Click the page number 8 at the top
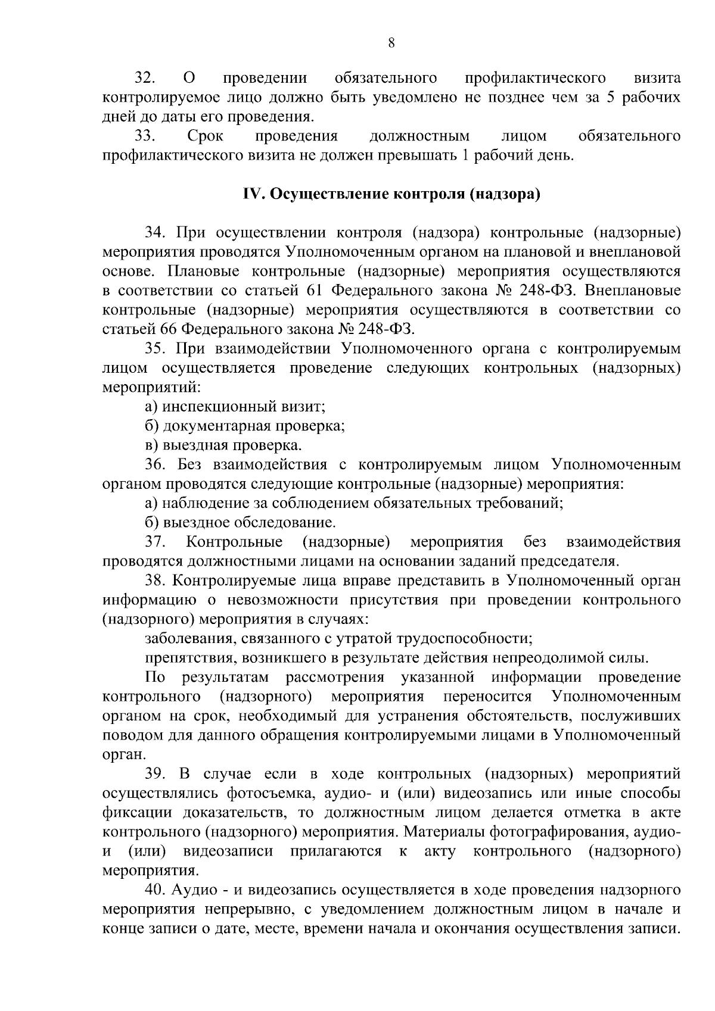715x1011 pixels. point(391,42)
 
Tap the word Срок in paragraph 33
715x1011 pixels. point(205,136)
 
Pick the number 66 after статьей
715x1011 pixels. point(169,329)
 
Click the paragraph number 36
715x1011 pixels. point(154,464)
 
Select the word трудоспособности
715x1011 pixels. point(472,639)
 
